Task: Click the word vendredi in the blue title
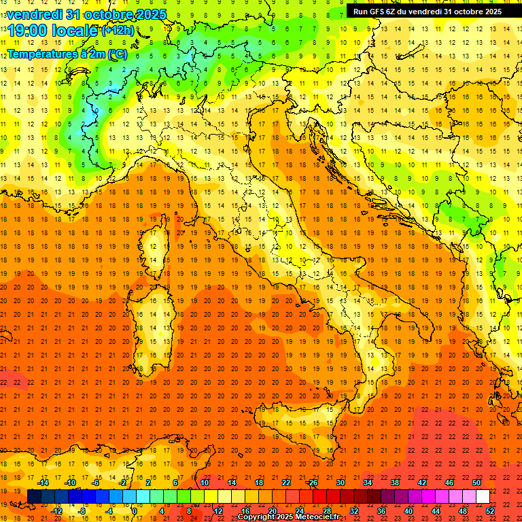(34, 14)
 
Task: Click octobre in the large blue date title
(114, 14)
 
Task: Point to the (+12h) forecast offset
(118, 31)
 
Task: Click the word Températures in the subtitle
(41, 53)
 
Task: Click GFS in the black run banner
(383, 12)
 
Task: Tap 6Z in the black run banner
(400, 12)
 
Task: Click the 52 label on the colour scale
(490, 511)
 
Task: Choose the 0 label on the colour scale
(135, 511)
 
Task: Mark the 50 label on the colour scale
(476, 483)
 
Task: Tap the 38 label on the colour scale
(395, 483)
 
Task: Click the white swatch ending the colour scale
(483, 497)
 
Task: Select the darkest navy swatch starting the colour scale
(34, 497)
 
